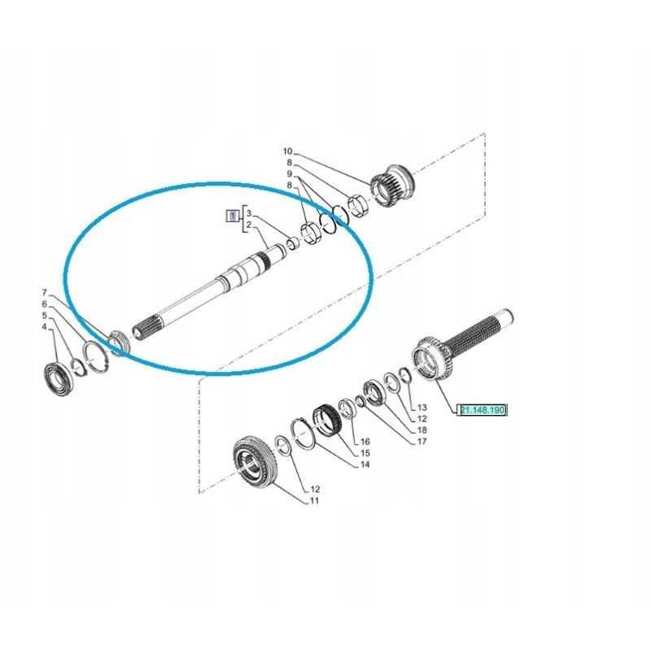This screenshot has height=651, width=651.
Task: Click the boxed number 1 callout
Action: click(x=233, y=216)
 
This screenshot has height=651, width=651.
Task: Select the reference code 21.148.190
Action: click(x=483, y=410)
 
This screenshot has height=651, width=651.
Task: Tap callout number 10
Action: click(x=288, y=151)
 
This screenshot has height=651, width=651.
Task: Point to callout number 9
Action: click(x=290, y=173)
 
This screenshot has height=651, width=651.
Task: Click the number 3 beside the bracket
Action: click(x=249, y=213)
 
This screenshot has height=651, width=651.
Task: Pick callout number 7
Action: click(x=45, y=293)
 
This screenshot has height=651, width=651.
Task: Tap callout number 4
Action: click(x=44, y=327)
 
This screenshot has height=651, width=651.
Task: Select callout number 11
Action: click(x=314, y=500)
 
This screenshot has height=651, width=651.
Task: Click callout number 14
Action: click(x=365, y=464)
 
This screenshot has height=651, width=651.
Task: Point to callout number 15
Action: click(x=365, y=453)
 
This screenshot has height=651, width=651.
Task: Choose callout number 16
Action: click(x=365, y=442)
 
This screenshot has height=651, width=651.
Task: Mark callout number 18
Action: click(x=422, y=430)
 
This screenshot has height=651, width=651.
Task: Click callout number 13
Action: click(x=422, y=408)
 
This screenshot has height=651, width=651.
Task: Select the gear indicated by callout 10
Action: click(x=393, y=186)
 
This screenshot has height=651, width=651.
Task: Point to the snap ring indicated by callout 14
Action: click(x=302, y=434)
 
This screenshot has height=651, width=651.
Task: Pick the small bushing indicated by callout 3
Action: click(x=294, y=242)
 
